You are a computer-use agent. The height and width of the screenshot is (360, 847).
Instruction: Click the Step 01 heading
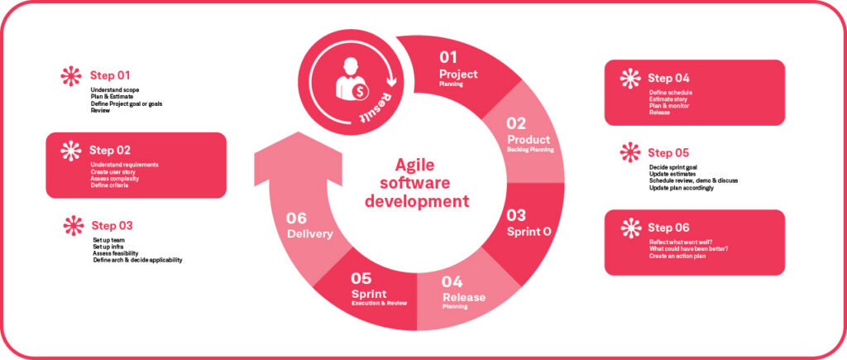tap(110, 75)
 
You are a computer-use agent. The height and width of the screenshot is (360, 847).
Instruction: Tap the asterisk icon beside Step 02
tap(71, 151)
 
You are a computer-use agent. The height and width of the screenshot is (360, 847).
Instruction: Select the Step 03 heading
tap(112, 225)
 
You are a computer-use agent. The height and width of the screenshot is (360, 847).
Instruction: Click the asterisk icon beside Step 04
tap(629, 79)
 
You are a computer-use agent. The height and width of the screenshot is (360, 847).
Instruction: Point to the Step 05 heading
tap(668, 153)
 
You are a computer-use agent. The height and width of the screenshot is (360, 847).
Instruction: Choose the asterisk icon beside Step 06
tap(631, 228)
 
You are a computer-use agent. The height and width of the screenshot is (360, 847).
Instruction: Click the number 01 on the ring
tap(447, 57)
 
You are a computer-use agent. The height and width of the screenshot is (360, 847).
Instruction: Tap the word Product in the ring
tap(529, 140)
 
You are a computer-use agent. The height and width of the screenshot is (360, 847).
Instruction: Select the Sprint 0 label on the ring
tap(529, 232)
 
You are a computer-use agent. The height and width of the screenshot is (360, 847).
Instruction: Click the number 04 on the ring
tap(452, 282)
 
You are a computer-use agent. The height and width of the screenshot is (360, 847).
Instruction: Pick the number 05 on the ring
tap(361, 278)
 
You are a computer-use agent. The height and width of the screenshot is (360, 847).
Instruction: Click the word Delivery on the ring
tap(309, 234)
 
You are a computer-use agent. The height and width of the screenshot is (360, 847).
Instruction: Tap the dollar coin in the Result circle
tap(360, 93)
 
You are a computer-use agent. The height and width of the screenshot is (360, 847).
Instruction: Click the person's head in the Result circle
tap(351, 65)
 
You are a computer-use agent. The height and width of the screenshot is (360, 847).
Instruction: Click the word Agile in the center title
tap(414, 165)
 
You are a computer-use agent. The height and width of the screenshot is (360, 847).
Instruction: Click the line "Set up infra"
tap(109, 247)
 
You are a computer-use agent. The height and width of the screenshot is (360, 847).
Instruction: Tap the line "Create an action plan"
tap(677, 256)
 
